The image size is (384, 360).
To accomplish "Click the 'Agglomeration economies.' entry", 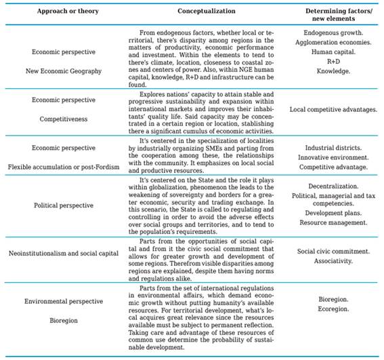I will (332, 41).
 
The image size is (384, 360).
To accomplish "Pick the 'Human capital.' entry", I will (332, 52).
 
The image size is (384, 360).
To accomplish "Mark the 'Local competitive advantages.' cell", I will (332, 108).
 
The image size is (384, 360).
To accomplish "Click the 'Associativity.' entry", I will (332, 260).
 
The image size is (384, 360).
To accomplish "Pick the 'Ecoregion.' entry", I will (332, 308).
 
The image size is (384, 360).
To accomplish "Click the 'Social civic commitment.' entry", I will (332, 250).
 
